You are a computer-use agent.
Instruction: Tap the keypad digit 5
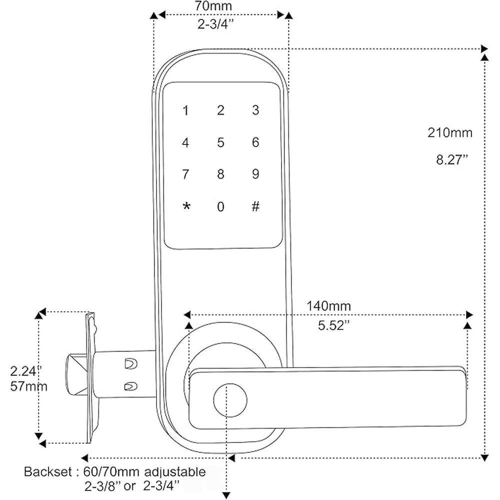pyautogui.click(x=220, y=143)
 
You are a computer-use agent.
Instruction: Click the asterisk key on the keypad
pyautogui.click(x=186, y=207)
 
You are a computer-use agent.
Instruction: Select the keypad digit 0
pyautogui.click(x=220, y=207)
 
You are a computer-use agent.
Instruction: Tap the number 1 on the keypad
pyautogui.click(x=186, y=111)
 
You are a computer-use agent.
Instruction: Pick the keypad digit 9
pyautogui.click(x=255, y=175)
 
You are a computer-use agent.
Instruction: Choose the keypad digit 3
pyautogui.click(x=255, y=111)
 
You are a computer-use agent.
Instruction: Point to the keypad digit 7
pyautogui.click(x=186, y=175)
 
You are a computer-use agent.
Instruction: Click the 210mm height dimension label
pyautogui.click(x=449, y=133)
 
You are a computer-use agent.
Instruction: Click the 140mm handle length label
pyautogui.click(x=328, y=306)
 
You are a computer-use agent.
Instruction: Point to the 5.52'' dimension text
pyautogui.click(x=332, y=325)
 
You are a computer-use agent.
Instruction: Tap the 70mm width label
pyautogui.click(x=220, y=7)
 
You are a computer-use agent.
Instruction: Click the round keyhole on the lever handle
pyautogui.click(x=230, y=400)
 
